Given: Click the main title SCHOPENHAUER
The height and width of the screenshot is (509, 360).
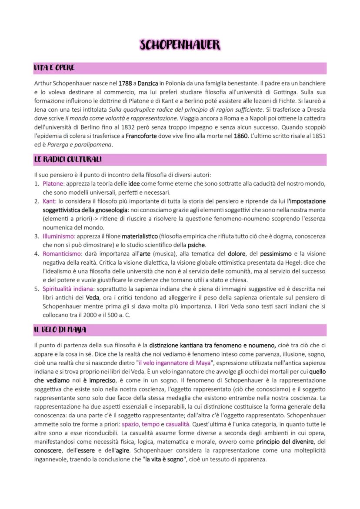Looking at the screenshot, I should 180,45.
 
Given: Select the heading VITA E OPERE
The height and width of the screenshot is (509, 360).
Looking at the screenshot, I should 54,68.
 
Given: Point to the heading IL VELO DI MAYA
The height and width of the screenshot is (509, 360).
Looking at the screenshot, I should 60,330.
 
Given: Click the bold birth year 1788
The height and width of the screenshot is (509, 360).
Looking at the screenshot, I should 126,83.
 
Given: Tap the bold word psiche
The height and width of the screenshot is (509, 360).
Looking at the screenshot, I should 196,245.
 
